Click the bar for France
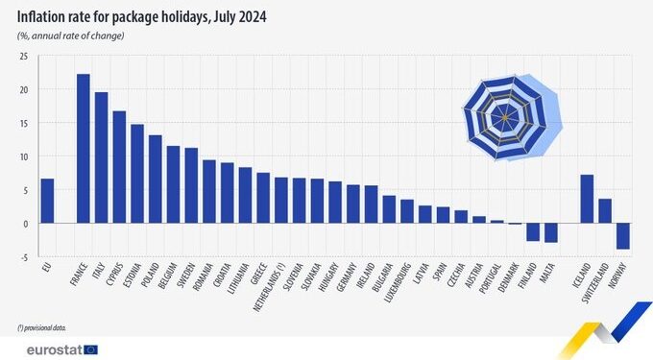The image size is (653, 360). [83, 149]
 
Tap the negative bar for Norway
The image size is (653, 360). [622, 236]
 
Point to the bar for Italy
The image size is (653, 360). [101, 157]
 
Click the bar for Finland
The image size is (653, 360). [533, 231]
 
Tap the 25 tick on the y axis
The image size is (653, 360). [22, 57]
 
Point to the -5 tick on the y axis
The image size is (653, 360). [22, 257]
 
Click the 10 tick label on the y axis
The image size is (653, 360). [22, 156]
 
